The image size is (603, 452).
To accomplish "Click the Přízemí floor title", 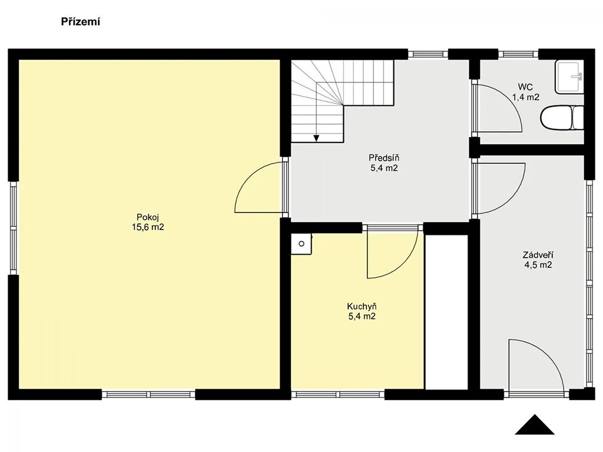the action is (80, 22).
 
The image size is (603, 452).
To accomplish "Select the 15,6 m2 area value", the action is (148, 227).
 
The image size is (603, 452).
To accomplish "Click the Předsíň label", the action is (384, 158).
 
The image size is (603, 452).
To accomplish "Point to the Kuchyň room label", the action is (362, 306).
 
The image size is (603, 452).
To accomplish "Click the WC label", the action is (525, 87).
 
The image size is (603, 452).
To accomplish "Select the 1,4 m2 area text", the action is (526, 97).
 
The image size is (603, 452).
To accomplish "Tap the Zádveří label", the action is (538, 254).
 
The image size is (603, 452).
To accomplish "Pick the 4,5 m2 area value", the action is (538, 265).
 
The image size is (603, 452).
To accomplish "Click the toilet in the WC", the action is (562, 117).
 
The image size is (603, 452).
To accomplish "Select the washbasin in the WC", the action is (569, 77).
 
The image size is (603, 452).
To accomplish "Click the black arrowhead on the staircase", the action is (316, 138).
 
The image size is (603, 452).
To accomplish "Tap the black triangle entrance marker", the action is (535, 424).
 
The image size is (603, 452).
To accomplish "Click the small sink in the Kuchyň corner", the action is (301, 244).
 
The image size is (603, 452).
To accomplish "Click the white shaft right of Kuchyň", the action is (446, 312).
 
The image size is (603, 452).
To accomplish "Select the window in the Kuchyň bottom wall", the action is (337, 394).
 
